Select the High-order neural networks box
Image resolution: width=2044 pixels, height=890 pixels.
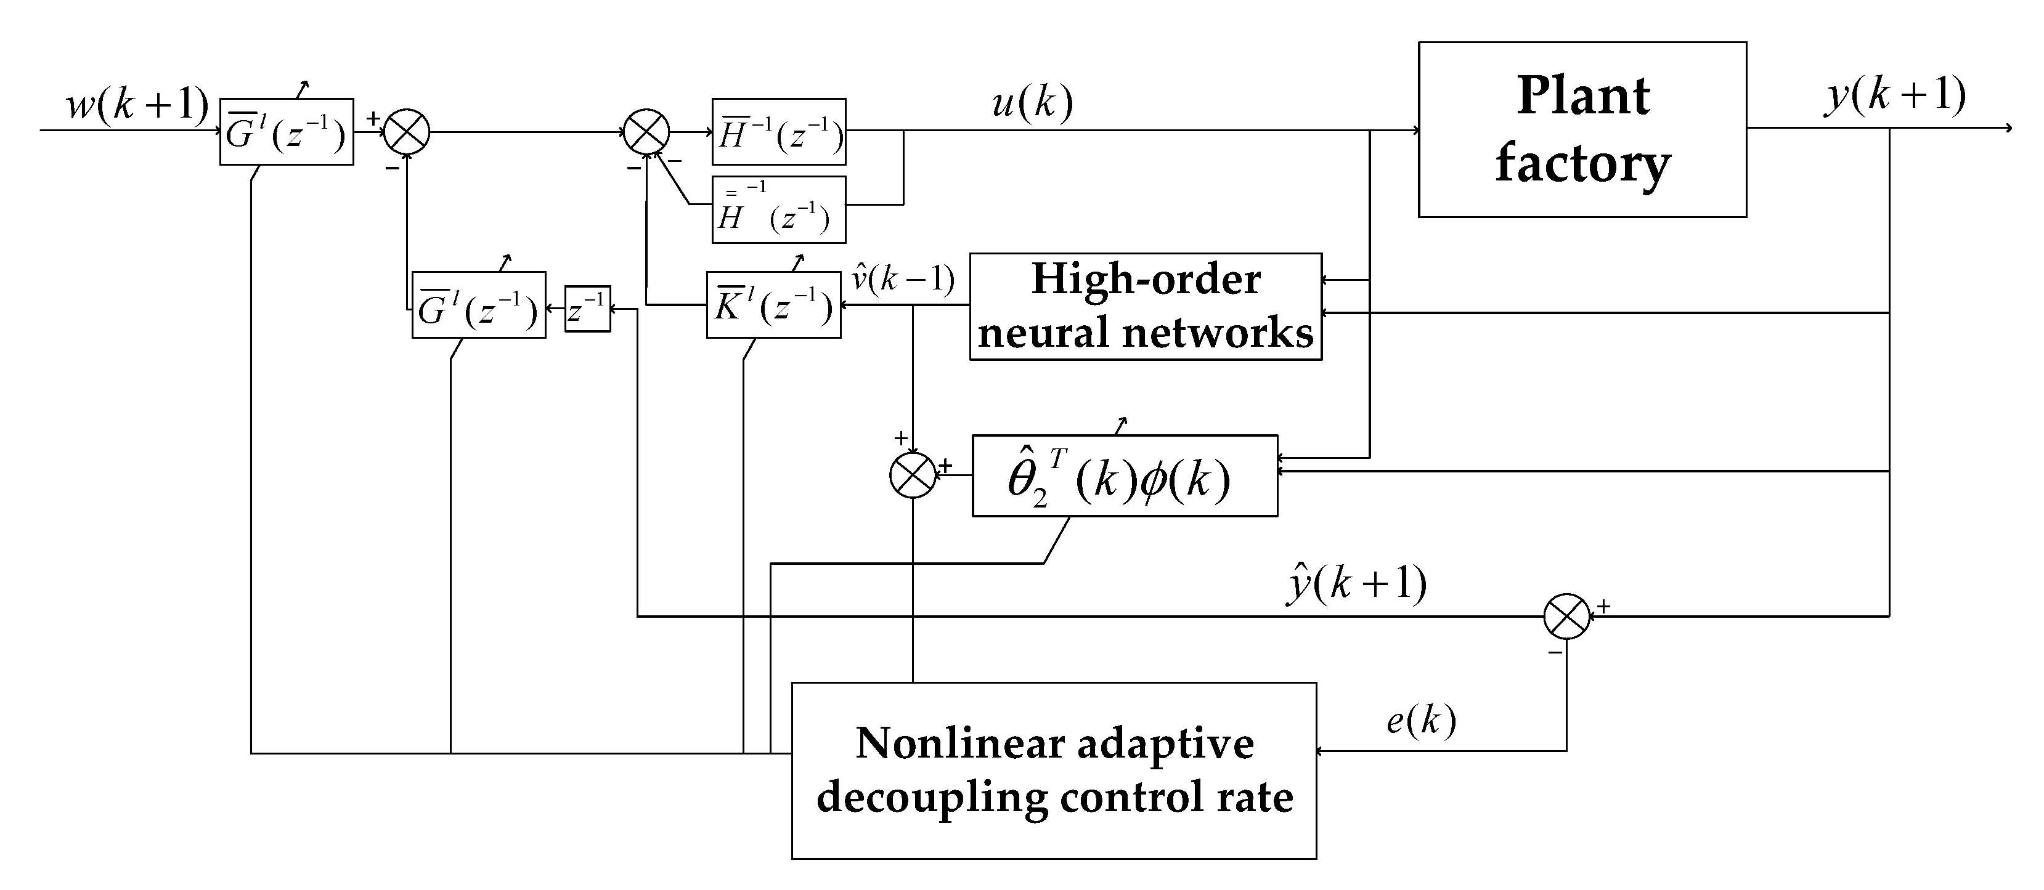pos(1145,306)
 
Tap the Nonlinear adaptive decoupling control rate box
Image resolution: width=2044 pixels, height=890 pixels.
pos(1054,771)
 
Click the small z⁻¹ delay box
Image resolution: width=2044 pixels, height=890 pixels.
pos(587,309)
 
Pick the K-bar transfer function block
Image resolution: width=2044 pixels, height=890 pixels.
pos(773,305)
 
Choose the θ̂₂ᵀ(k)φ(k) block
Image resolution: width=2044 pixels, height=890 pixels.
pos(1125,476)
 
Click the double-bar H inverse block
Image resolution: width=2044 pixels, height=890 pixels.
pos(778,209)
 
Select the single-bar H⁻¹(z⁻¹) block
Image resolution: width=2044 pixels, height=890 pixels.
pos(778,132)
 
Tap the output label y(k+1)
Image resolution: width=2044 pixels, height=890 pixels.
pos(1896,96)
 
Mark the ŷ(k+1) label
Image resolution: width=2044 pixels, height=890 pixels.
pos(1356,585)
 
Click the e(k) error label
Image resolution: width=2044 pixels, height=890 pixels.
pos(1421,720)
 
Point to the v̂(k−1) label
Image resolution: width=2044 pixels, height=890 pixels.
pos(903,279)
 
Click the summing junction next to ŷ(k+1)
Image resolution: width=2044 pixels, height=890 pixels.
pos(1566,617)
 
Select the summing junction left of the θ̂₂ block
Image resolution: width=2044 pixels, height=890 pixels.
pos(913,475)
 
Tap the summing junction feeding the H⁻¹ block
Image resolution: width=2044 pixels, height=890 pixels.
pos(646,132)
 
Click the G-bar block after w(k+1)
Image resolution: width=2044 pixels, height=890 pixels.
pos(287,132)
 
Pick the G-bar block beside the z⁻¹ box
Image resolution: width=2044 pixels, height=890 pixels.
pos(478,305)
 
